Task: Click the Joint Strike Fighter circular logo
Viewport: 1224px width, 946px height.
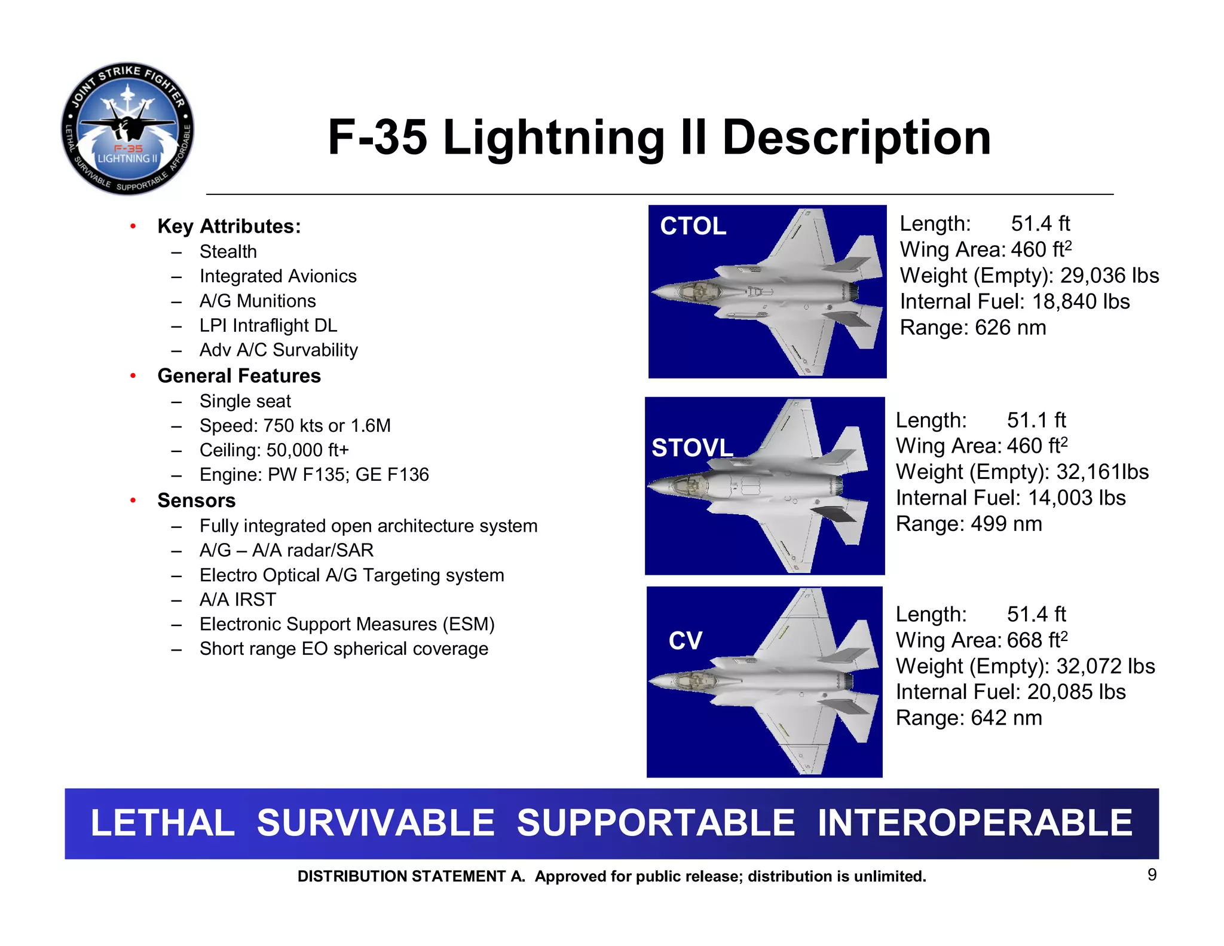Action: click(127, 129)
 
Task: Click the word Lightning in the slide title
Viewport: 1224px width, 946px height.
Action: click(553, 138)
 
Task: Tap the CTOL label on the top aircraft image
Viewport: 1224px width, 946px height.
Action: click(693, 227)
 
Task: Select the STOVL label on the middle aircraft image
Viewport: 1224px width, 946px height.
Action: click(692, 448)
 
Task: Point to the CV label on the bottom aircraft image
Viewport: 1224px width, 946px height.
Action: click(685, 641)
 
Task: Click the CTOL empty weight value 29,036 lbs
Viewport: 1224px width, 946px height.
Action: click(1109, 276)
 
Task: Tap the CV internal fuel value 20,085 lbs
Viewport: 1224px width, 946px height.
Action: click(1076, 692)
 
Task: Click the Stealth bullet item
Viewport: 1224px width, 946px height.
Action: click(228, 252)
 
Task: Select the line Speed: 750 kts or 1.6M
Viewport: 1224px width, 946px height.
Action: click(295, 426)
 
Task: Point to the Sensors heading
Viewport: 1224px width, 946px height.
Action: click(196, 501)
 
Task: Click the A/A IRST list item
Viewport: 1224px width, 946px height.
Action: click(238, 600)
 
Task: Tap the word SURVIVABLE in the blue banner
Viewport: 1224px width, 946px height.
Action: click(375, 823)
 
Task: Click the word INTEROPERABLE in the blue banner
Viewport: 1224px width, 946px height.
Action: click(974, 823)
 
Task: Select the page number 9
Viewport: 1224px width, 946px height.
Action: click(1152, 875)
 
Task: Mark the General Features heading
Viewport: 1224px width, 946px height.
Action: click(239, 376)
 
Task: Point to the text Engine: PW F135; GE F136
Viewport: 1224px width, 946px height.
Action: click(314, 475)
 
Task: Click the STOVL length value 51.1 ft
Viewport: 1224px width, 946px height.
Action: click(1036, 420)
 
